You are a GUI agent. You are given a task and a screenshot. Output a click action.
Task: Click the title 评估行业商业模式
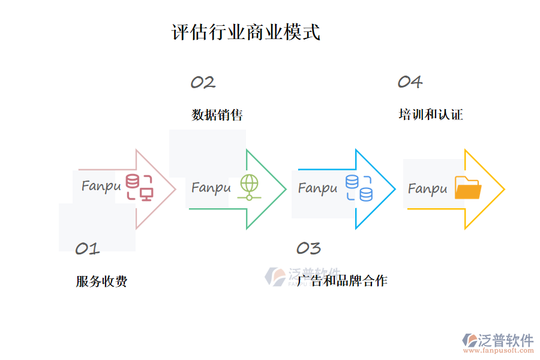(x=246, y=32)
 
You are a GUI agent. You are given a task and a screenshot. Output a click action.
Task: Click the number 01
(x=87, y=249)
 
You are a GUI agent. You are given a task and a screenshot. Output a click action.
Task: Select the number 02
(x=203, y=83)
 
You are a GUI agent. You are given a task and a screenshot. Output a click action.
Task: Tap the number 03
(x=308, y=248)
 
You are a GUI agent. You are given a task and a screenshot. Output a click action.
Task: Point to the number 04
(x=410, y=82)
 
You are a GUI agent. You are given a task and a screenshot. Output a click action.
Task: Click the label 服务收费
(x=101, y=281)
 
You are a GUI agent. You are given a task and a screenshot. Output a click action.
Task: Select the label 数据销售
(x=217, y=115)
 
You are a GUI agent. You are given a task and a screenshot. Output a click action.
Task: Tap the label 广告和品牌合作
(x=342, y=281)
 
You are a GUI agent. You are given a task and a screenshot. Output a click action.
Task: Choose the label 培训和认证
(x=430, y=115)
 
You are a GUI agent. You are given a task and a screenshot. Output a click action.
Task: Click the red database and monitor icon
(x=139, y=187)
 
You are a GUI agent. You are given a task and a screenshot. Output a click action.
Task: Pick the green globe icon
(x=248, y=187)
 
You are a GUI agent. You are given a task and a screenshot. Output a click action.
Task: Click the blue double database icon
(x=358, y=188)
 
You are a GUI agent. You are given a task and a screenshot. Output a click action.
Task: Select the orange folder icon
(x=468, y=188)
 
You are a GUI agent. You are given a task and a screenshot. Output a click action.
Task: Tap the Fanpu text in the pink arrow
(x=101, y=186)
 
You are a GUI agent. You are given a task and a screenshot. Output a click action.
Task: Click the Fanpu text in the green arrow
(x=211, y=188)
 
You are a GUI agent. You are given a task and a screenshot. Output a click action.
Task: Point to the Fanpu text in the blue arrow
(x=317, y=188)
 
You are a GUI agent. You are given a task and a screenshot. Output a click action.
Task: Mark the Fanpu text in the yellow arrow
(x=427, y=189)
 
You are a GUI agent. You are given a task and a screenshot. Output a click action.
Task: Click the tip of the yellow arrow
(x=503, y=190)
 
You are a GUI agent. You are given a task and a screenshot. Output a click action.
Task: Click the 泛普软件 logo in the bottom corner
(x=497, y=342)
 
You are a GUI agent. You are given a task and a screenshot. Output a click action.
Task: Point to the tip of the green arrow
(x=285, y=190)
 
